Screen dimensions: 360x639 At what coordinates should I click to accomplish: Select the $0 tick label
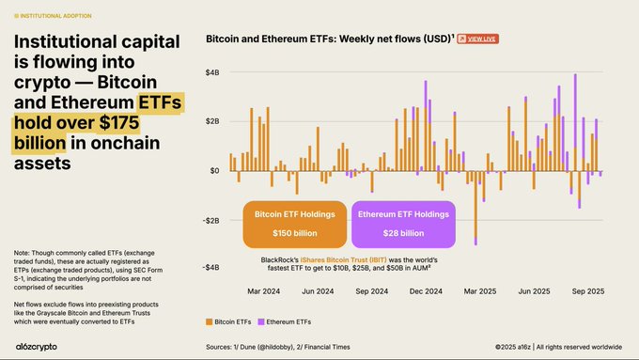click(x=214, y=170)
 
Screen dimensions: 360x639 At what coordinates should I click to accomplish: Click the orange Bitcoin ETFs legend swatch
click(x=209, y=322)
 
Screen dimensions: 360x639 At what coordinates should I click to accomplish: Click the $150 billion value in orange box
click(x=295, y=233)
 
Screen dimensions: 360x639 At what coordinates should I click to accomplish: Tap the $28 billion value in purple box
click(x=404, y=233)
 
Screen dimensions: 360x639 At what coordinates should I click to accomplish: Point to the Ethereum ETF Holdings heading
click(x=404, y=213)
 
